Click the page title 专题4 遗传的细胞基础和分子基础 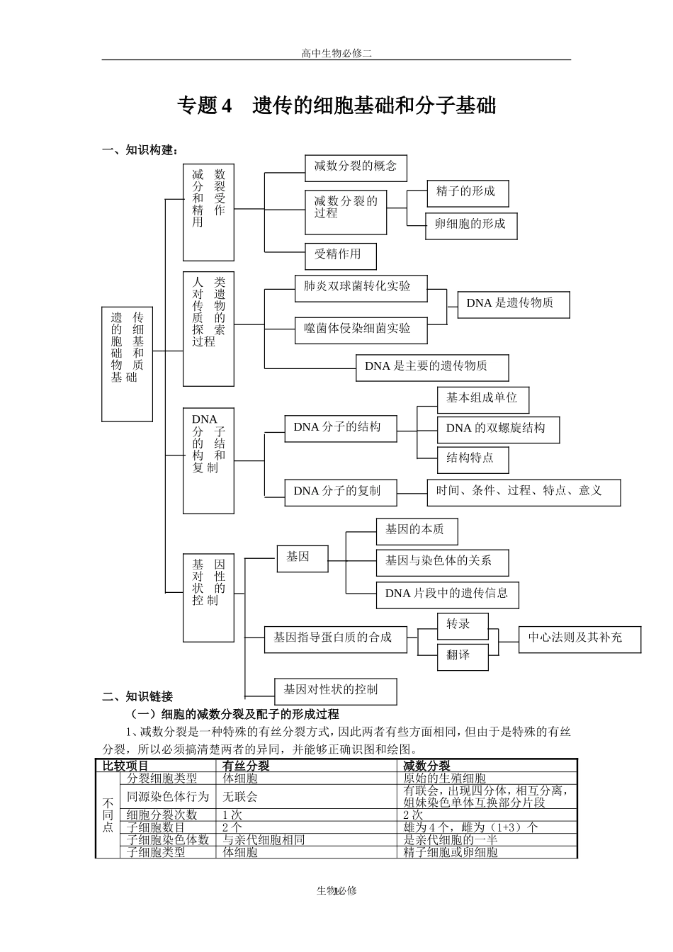point(336,106)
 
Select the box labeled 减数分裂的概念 point(356,167)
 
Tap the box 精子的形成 point(467,193)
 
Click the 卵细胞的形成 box point(470,225)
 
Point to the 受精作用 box point(340,254)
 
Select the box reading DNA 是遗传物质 point(513,303)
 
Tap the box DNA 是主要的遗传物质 point(431,367)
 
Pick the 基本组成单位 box point(482,399)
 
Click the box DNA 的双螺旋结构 point(498,429)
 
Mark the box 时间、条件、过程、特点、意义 point(524,492)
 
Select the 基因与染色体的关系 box point(442,562)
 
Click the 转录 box point(462,625)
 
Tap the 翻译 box point(462,656)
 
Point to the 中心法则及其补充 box point(579,638)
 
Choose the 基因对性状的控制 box point(335,691)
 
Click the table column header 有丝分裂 point(246,765)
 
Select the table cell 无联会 point(240,796)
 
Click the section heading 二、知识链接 point(137,696)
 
